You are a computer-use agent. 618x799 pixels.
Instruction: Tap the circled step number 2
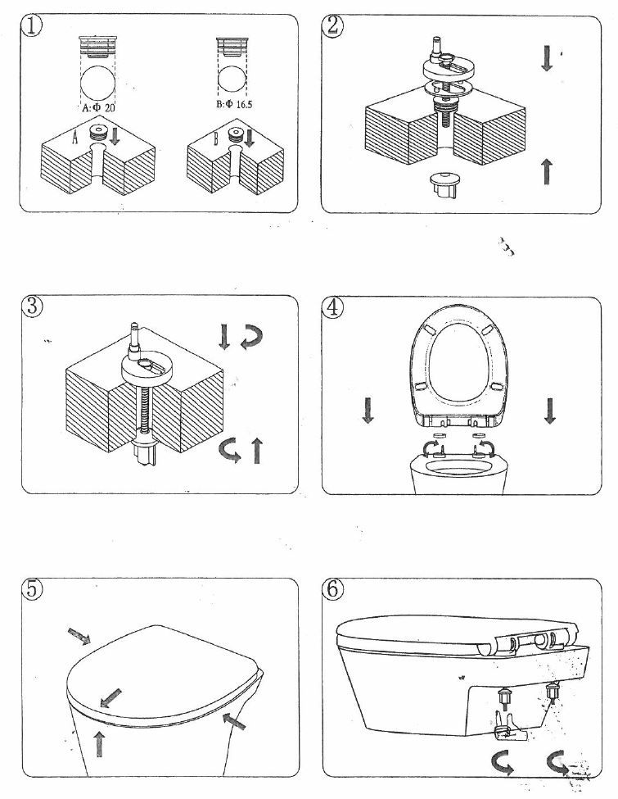[334, 25]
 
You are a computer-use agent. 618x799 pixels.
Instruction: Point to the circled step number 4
[335, 309]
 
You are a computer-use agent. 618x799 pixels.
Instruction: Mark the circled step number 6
[335, 591]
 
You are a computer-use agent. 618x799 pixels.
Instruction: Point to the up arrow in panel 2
[547, 171]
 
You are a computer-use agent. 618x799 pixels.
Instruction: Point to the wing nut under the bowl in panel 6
[507, 722]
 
